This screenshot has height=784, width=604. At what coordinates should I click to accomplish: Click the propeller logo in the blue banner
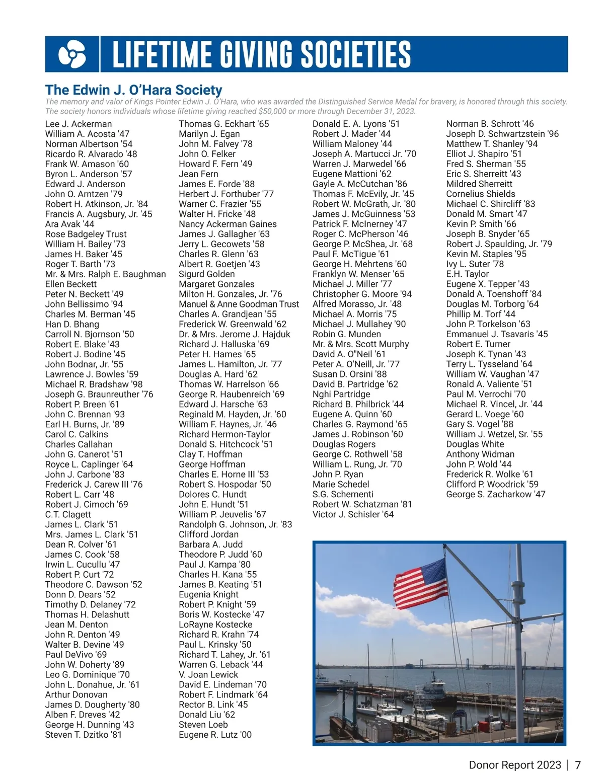tap(72, 54)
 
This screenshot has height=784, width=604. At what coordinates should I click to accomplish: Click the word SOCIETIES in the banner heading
tap(356, 54)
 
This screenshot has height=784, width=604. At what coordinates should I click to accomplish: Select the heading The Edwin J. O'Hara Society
tap(133, 90)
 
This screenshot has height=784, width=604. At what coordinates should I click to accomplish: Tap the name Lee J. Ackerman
tap(79, 124)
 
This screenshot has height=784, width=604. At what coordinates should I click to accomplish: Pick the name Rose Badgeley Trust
tap(86, 234)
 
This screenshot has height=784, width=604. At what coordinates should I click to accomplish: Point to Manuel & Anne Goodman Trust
tap(239, 304)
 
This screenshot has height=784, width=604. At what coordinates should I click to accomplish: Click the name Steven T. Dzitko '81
tap(83, 735)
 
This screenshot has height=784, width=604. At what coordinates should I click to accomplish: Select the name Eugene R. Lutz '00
tap(215, 735)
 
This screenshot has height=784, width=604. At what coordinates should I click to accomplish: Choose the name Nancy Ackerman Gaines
tap(228, 224)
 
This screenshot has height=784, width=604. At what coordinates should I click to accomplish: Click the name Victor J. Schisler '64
tap(353, 514)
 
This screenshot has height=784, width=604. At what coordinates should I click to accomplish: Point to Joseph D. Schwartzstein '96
tap(502, 134)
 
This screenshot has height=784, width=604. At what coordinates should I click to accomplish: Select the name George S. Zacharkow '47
tap(495, 494)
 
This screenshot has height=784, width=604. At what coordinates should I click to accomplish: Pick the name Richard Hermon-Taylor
tap(224, 434)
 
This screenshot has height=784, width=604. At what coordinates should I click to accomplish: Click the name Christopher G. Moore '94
tap(362, 294)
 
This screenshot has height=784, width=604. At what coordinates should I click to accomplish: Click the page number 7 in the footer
tap(578, 765)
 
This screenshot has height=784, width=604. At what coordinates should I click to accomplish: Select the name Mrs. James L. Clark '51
tap(92, 534)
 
